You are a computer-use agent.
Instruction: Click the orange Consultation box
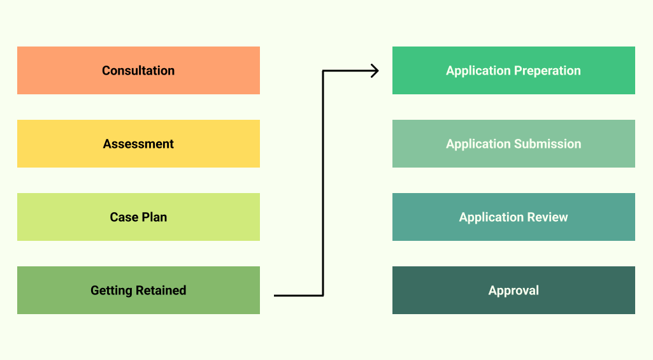coord(138,71)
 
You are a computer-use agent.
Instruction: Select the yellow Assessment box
coord(138,144)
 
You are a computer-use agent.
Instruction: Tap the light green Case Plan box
coord(138,217)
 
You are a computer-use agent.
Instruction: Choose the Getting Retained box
coord(138,291)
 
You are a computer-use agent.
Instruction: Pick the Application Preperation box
coord(513,71)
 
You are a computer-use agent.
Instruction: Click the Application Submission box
coord(513,144)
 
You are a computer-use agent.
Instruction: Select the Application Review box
coord(513,217)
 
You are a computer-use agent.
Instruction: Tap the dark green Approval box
coord(513,291)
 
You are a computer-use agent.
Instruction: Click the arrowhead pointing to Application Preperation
coord(375,71)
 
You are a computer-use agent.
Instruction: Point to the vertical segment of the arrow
coord(323,185)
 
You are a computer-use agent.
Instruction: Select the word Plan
coord(155,217)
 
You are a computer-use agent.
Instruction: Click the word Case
coord(124,217)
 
